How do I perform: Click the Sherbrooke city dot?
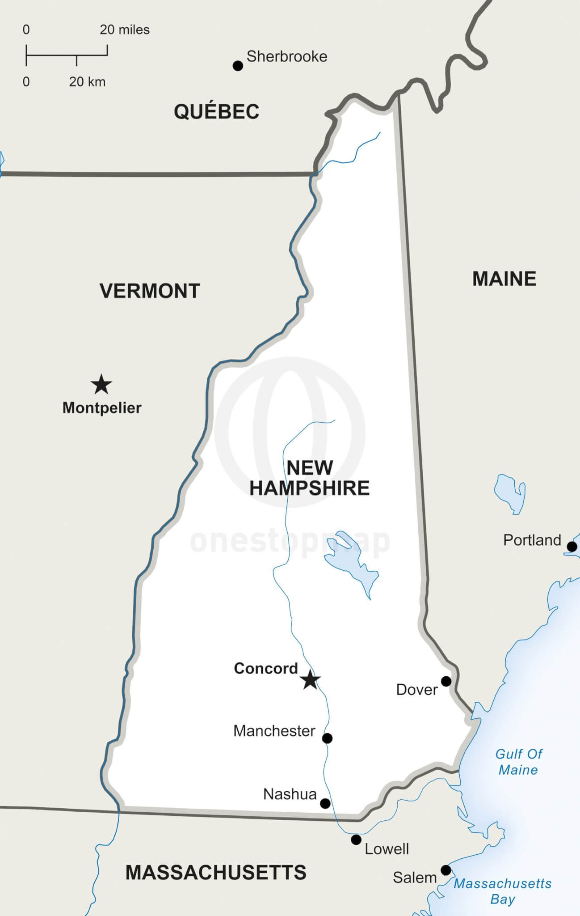[x=238, y=66]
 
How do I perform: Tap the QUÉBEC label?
[x=216, y=111]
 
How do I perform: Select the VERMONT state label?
[x=150, y=291]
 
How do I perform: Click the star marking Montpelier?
[x=101, y=385]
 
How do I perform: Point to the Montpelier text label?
[x=102, y=408]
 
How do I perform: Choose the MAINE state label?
[x=504, y=279]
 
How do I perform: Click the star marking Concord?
[x=310, y=680]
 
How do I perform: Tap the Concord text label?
[x=266, y=668]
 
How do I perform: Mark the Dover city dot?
[x=446, y=681]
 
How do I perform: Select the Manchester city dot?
[x=327, y=738]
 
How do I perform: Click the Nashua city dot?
[x=325, y=804]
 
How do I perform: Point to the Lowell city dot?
[x=356, y=840]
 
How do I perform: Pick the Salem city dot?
[x=446, y=870]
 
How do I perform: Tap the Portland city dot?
[x=572, y=547]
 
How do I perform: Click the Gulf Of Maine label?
[x=518, y=762]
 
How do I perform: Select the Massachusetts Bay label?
[x=503, y=891]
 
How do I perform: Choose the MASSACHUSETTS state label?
[x=216, y=873]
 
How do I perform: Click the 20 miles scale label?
[x=125, y=30]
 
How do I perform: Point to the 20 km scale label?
[x=87, y=82]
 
